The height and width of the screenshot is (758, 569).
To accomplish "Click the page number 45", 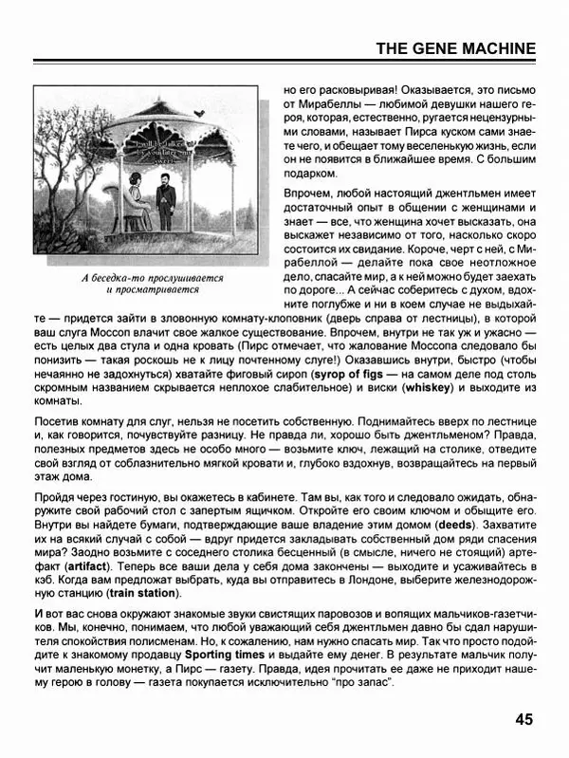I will (x=525, y=718).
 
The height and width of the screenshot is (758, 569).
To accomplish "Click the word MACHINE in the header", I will (x=492, y=48).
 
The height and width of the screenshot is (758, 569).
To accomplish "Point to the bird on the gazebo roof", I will (x=197, y=113).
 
